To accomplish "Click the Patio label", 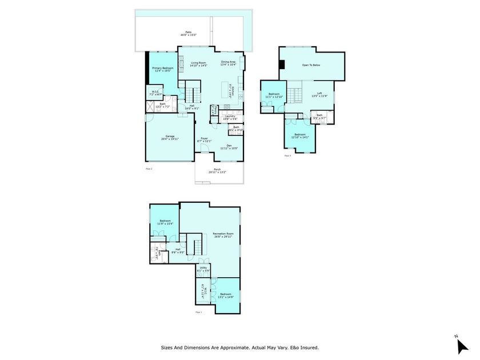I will coord(189,34).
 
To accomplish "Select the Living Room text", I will coord(198,63).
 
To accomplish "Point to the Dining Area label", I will coord(229,63).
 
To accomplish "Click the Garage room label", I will coord(170,137).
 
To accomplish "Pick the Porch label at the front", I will coord(217,170).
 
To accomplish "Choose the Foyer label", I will coord(204,139).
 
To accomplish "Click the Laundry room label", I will coord(230,117).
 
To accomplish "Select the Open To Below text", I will coord(311,65).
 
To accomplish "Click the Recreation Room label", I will coord(223,235).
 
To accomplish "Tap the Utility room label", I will coord(203,269).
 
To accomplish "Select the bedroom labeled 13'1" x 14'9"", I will coord(226,295).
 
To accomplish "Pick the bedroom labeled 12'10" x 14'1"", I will coord(300,135).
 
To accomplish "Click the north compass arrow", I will coord(462,345).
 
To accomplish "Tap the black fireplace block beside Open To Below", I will coord(281,64).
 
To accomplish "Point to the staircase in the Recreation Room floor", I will coord(195,246).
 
